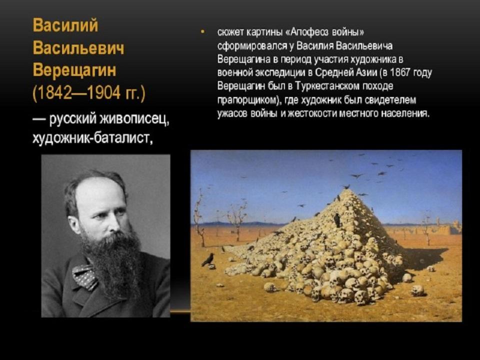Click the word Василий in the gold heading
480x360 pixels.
(65, 25)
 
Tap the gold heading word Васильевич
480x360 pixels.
(78, 48)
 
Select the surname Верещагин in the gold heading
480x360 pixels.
(74, 70)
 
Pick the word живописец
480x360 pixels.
(134, 119)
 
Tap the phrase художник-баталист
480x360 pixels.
(92, 138)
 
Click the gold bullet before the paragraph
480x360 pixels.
(202, 32)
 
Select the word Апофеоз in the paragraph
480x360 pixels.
(308, 32)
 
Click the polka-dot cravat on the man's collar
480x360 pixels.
(85, 276)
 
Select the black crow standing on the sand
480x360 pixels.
(208, 259)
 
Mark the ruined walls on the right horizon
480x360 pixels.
(441, 227)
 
